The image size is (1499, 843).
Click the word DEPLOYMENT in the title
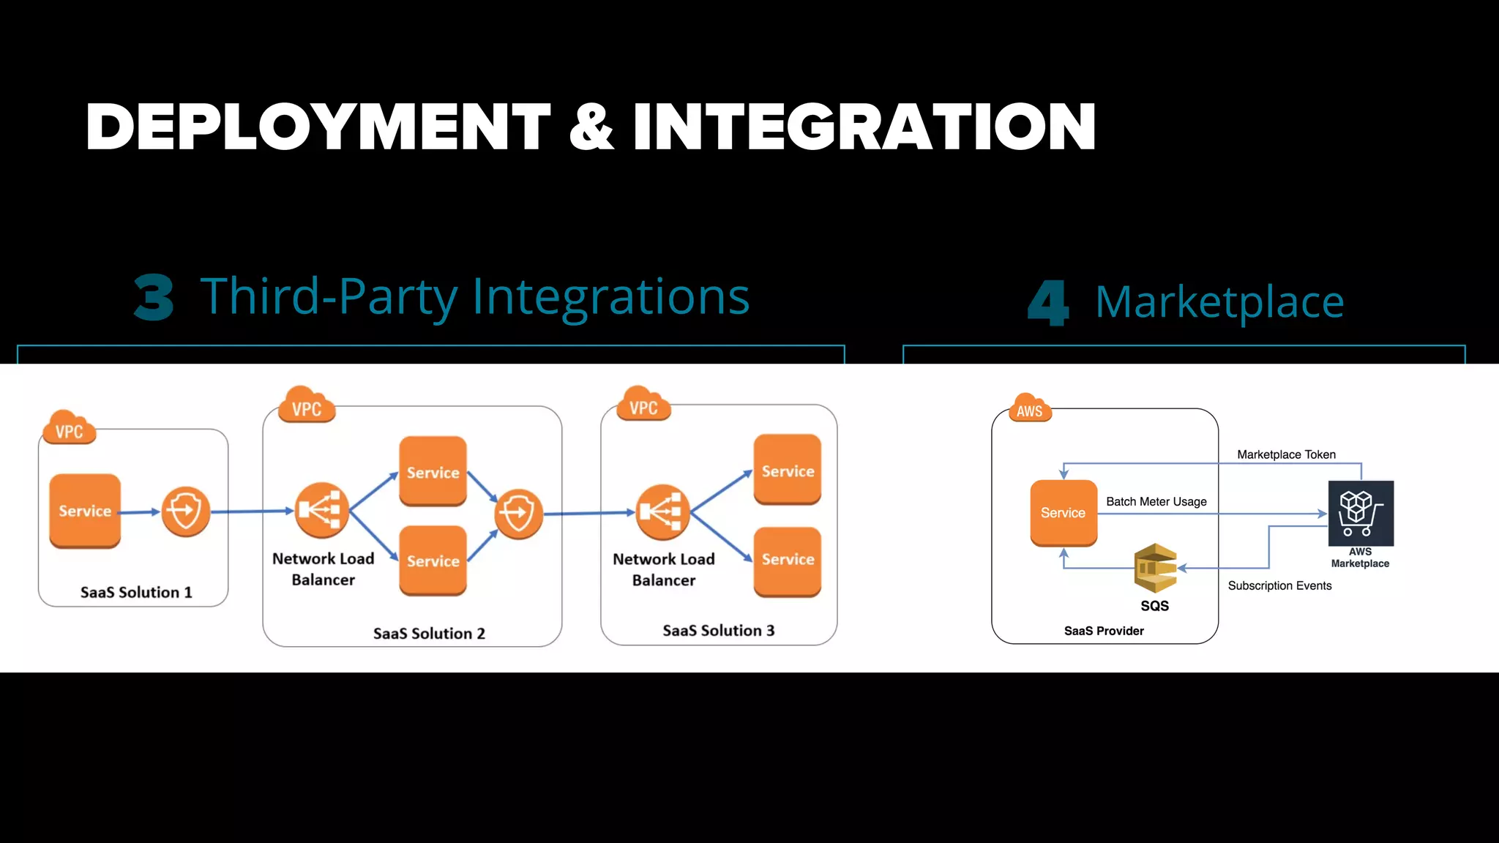tap(317, 127)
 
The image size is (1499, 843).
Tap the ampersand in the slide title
tap(591, 127)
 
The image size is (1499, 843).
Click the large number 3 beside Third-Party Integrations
tap(154, 298)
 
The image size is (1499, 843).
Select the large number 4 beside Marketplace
tap(1047, 302)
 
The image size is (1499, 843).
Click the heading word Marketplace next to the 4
tap(1219, 301)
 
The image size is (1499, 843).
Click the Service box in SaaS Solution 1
tap(85, 511)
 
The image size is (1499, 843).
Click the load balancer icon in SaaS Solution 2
tap(321, 509)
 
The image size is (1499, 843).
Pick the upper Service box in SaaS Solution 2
tap(433, 472)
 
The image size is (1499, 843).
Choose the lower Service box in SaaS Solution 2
tap(433, 561)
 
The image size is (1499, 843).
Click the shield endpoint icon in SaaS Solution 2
tap(518, 514)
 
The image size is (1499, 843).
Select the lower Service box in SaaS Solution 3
tap(788, 560)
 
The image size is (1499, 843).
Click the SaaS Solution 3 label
tap(718, 631)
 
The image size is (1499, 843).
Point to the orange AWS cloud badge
tap(1029, 410)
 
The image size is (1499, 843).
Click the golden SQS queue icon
tap(1155, 568)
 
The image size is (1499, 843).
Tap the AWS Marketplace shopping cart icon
tap(1361, 513)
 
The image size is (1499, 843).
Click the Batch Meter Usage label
tap(1156, 501)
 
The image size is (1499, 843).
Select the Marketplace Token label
tap(1286, 454)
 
